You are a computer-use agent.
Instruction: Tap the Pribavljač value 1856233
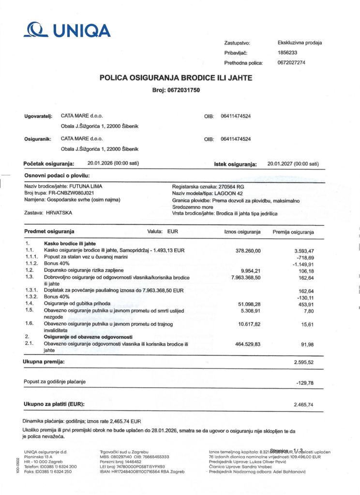point(287,53)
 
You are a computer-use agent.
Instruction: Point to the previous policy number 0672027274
point(291,63)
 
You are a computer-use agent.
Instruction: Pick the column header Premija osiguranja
point(293,232)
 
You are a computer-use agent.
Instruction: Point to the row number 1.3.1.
point(32,291)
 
